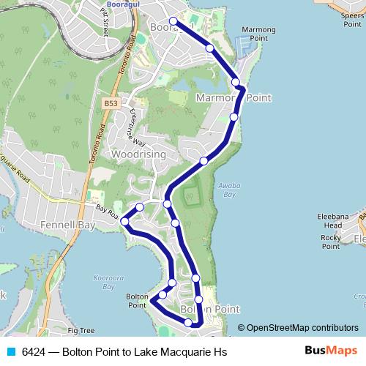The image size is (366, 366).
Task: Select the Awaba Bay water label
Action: [228, 190]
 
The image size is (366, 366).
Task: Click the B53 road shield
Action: [111, 104]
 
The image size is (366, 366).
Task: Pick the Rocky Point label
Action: [331, 242]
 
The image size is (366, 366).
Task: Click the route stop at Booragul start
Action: [173, 21]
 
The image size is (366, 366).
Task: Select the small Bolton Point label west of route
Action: [138, 300]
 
